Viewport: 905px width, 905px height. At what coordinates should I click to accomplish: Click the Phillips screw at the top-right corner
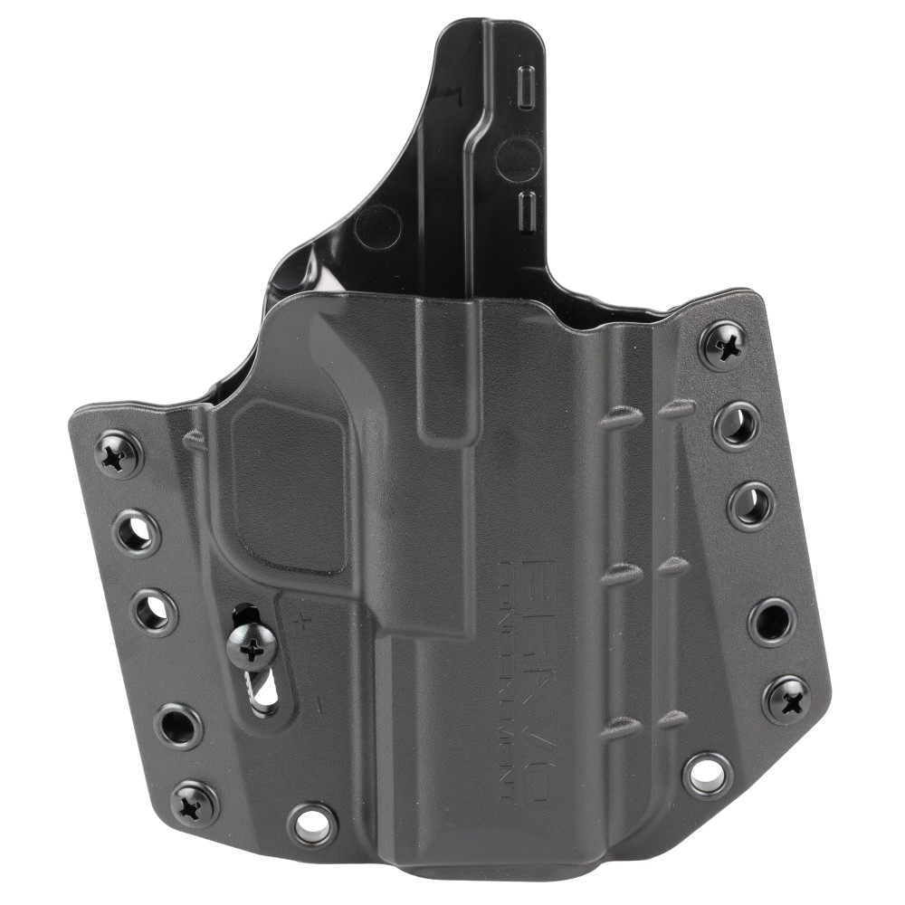(x=724, y=345)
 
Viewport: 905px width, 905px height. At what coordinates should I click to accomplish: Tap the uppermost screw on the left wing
(x=119, y=454)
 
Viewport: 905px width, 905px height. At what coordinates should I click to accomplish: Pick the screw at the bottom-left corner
(x=195, y=803)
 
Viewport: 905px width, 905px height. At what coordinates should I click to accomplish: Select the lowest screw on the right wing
(x=785, y=699)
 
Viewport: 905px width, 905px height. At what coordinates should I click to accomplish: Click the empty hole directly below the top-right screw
(x=737, y=425)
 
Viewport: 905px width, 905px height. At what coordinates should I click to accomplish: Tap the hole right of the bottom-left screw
(x=312, y=823)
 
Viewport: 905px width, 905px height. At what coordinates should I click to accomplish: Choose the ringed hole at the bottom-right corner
(x=707, y=774)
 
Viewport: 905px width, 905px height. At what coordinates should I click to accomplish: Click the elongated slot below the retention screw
(x=265, y=694)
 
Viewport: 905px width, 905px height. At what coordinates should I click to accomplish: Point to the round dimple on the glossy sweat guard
(x=377, y=226)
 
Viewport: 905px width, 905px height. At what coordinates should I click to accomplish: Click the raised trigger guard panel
(x=288, y=484)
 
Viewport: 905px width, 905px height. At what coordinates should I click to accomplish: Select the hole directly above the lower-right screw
(x=772, y=621)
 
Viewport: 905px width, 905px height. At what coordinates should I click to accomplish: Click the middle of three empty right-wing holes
(x=751, y=505)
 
